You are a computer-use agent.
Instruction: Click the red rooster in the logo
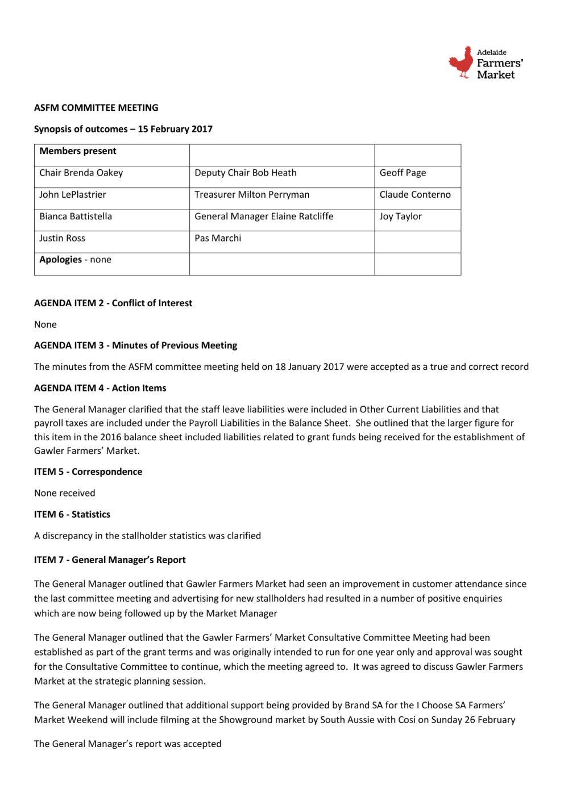point(461,62)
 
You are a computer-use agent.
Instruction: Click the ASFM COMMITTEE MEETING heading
point(96,108)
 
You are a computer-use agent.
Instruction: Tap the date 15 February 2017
point(175,130)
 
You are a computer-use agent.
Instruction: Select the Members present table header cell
point(78,151)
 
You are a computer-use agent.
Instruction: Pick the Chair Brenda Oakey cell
point(81,173)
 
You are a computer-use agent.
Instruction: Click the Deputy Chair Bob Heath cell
point(246,173)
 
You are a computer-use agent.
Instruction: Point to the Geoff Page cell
point(403,173)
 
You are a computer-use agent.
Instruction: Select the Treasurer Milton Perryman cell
point(252,195)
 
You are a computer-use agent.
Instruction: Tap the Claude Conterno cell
point(415,195)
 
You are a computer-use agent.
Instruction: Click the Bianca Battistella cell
point(76,216)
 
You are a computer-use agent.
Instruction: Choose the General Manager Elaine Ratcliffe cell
point(264,216)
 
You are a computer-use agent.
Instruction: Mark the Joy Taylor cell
point(401,216)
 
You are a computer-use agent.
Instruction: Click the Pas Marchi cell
point(218,239)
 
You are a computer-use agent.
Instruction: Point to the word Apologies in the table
point(60,260)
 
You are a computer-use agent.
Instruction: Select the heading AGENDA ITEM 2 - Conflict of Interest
point(113,303)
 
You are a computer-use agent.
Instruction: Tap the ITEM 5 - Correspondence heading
point(88,472)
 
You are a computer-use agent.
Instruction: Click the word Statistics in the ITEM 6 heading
point(91,515)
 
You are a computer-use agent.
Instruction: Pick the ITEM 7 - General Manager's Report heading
point(110,560)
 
